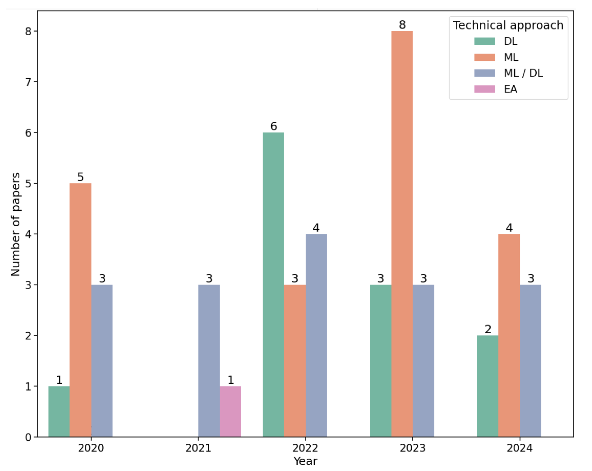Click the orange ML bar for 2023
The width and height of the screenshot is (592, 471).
402,233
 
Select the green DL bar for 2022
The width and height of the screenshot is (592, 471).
273,284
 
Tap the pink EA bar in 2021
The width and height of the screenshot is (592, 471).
230,411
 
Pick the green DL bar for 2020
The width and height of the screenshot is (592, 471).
59,411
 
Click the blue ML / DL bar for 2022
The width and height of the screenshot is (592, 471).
316,335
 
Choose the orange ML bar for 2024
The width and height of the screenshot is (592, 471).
509,335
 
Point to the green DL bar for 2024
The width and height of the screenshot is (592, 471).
487,386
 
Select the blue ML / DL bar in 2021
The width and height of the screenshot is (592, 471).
209,360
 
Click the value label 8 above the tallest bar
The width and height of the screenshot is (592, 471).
402,25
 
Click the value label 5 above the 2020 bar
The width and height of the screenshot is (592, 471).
80,177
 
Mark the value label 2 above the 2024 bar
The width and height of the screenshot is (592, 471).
488,329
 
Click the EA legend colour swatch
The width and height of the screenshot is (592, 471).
484,89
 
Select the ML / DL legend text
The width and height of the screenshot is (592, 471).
523,73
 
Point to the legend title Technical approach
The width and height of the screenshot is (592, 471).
508,25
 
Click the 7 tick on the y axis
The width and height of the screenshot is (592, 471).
28,82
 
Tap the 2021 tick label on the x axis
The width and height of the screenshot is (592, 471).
198,448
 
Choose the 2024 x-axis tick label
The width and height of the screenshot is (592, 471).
519,448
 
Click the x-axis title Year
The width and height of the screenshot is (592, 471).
305,461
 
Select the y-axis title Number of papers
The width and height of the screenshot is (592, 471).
16,224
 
